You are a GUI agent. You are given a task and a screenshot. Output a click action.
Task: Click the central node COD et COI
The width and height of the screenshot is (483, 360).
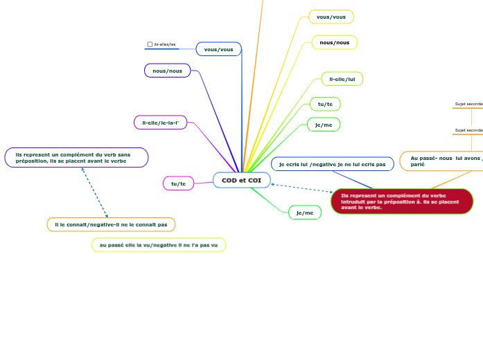coord(241,180)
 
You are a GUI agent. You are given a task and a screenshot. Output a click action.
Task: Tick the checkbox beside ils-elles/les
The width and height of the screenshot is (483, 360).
coord(150,44)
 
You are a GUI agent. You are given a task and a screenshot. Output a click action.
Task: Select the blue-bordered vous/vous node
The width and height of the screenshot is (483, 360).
coord(218,49)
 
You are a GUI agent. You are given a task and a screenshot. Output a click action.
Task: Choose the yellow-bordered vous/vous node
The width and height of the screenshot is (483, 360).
coord(331,17)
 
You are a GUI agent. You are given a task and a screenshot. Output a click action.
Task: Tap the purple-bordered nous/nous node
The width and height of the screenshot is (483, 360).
coord(167,71)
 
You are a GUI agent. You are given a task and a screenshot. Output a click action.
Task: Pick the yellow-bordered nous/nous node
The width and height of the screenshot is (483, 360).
coord(334,42)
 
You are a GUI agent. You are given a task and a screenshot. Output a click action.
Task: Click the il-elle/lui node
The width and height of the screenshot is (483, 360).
coord(342,79)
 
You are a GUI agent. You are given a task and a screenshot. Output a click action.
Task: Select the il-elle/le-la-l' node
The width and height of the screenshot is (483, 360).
coord(160,123)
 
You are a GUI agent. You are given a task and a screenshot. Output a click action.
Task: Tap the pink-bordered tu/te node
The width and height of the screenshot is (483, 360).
coord(178,183)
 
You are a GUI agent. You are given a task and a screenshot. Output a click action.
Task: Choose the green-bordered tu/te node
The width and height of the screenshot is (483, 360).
coord(325,104)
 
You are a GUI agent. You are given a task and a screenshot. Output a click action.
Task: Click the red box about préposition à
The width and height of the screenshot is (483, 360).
coord(402,201)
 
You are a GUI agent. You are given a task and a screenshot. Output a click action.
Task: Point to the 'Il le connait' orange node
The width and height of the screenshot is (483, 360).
coord(111,224)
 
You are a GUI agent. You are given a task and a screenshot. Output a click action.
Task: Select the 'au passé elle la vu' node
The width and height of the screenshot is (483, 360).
coord(159,245)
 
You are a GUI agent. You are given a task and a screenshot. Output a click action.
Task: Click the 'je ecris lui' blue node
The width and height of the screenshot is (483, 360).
coord(332,164)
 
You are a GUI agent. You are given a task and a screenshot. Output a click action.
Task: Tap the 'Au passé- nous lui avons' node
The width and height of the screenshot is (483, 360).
coord(441,161)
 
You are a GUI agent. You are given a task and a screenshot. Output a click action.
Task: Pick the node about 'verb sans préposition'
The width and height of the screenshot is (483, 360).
coord(76,158)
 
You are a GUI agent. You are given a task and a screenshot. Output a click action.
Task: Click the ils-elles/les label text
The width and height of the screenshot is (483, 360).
coord(165,44)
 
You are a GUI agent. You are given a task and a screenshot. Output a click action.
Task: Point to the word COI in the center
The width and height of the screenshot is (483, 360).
coord(254,180)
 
